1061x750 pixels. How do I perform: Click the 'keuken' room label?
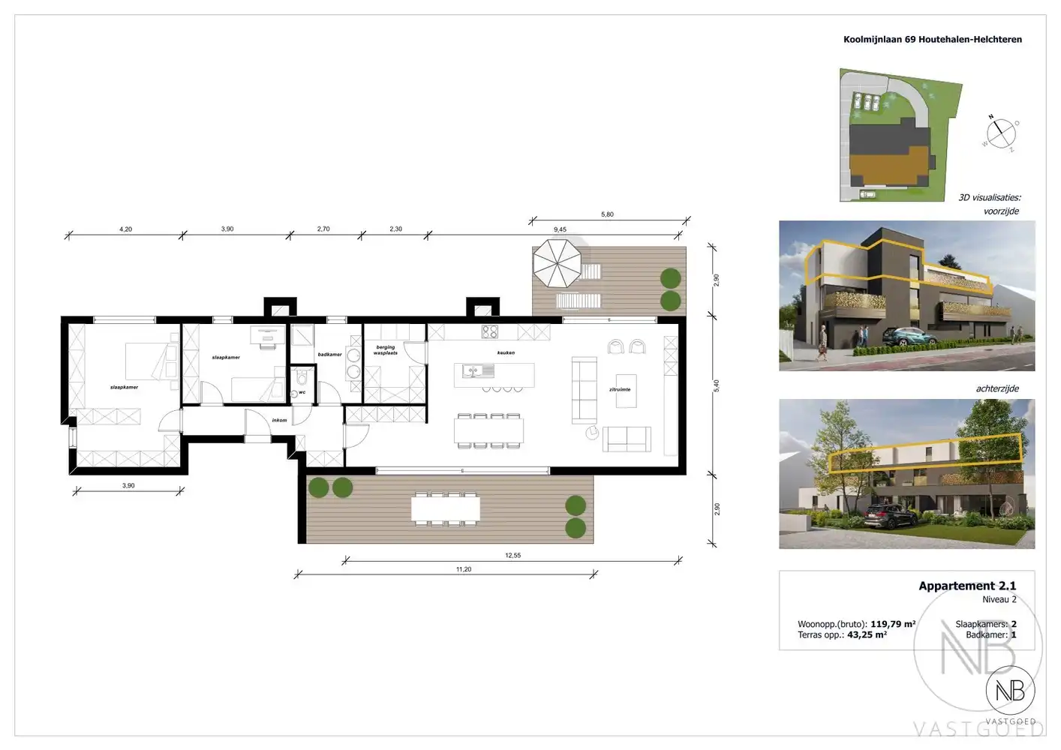(x=506, y=352)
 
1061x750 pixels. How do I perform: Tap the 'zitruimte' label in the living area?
(x=620, y=389)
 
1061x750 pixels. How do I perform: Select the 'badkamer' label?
(x=329, y=355)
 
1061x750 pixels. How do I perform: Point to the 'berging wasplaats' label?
(x=386, y=350)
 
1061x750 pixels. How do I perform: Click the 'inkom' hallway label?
(x=279, y=420)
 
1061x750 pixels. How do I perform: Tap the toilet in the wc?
(x=302, y=377)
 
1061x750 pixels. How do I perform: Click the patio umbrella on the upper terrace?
(x=558, y=262)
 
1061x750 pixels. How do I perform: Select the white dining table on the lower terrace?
(x=445, y=510)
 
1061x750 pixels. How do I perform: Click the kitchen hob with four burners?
(x=490, y=331)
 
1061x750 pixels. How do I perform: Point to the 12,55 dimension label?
(x=512, y=556)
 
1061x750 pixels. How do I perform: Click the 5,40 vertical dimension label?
(x=717, y=385)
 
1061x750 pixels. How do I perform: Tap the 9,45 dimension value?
(x=560, y=229)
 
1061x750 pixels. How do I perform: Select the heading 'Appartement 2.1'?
(x=967, y=586)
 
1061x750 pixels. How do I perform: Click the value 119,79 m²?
(x=893, y=624)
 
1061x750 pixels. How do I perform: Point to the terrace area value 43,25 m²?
(x=867, y=634)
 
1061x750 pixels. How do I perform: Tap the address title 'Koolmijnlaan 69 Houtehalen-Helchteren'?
(x=933, y=40)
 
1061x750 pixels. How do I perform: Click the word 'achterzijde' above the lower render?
(x=997, y=388)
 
